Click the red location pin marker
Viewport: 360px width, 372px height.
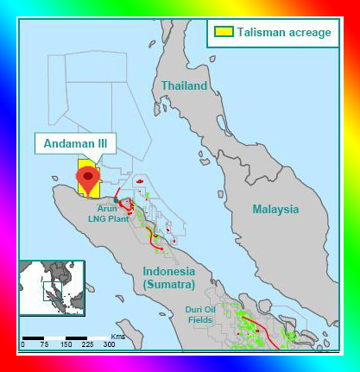pyautogui.click(x=88, y=179)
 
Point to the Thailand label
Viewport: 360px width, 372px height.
pyautogui.click(x=184, y=86)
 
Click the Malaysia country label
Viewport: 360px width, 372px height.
pyautogui.click(x=275, y=209)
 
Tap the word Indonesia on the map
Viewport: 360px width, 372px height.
pyautogui.click(x=169, y=271)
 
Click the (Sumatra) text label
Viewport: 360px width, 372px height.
pyautogui.click(x=169, y=283)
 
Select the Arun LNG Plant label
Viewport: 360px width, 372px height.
pyautogui.click(x=107, y=214)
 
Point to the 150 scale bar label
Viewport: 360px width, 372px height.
pyautogui.click(x=66, y=344)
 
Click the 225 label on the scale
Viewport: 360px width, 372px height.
pyautogui.click(x=87, y=344)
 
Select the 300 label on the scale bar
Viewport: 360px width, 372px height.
pyautogui.click(x=109, y=344)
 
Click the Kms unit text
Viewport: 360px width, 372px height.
pyautogui.click(x=118, y=334)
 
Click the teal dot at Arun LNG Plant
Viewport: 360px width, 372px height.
pyautogui.click(x=117, y=201)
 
